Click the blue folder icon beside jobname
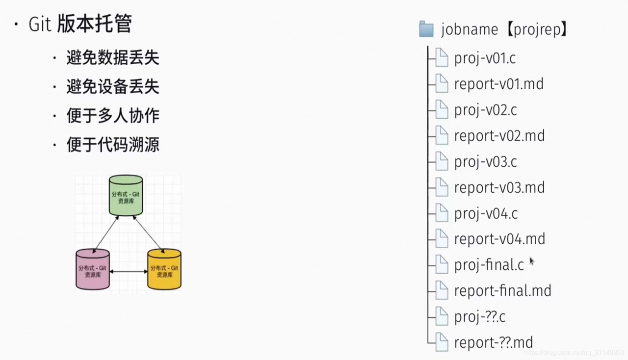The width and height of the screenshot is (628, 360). coord(426,29)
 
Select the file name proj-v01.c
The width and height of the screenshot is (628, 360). coord(485,58)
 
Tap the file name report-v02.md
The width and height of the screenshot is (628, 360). coord(499,136)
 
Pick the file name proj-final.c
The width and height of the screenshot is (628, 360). coord(489,265)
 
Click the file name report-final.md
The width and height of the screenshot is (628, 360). coord(503,290)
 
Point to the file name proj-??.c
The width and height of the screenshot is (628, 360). coord(480,317)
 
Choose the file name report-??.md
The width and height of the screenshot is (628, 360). coord(494,342)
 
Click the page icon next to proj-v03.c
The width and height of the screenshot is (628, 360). coord(442,161)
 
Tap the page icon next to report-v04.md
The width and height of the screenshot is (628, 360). coord(442,238)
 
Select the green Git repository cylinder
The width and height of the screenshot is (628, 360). coord(126,195)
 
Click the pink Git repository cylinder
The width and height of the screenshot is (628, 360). coord(93,269)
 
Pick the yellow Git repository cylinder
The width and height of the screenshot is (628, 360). coord(164,269)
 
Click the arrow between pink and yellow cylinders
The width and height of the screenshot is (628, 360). coord(129,271)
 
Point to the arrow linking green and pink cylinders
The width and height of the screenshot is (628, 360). coord(105,234)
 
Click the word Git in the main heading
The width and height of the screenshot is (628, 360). coord(40,24)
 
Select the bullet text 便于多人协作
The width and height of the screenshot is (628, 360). coord(113,116)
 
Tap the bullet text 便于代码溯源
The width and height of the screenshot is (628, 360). coord(113,145)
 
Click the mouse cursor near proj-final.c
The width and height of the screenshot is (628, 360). coord(531,261)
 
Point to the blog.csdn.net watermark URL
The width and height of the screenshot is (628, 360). coord(574,353)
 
